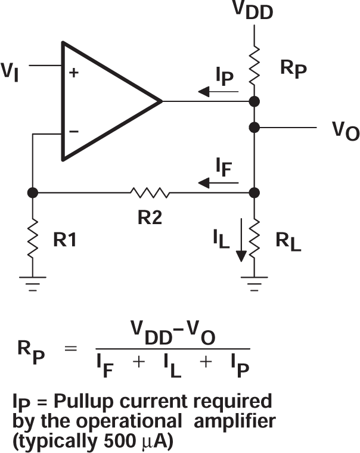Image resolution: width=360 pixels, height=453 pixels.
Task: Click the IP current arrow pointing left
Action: tap(219, 92)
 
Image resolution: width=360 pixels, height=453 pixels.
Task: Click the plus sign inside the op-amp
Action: tap(75, 73)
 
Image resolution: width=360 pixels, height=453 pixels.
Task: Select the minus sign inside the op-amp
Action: tap(75, 131)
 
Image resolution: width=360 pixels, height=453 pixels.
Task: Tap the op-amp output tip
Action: tap(162, 101)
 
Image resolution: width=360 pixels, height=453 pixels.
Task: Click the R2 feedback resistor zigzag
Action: tap(149, 193)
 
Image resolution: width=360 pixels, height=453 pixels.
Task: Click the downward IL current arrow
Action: tap(241, 241)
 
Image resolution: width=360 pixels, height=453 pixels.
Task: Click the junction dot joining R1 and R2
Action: tap(33, 193)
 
